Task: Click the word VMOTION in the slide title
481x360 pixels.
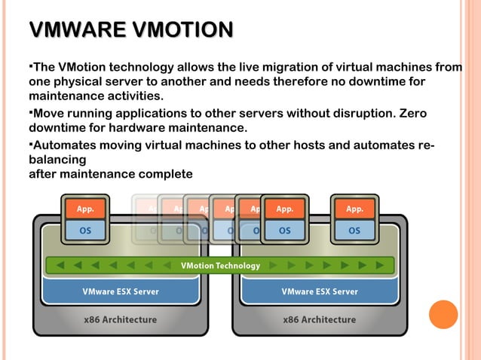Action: (x=182, y=30)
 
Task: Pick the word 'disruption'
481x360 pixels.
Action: (x=358, y=113)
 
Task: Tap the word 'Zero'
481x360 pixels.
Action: (x=410, y=113)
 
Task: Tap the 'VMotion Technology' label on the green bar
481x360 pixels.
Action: (x=220, y=266)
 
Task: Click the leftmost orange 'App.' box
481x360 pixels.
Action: (x=86, y=209)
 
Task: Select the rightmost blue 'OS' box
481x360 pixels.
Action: (x=354, y=230)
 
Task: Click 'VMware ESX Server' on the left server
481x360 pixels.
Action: (x=121, y=291)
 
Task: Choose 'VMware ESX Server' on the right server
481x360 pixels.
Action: (x=320, y=291)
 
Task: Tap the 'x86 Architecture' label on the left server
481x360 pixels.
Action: (x=121, y=319)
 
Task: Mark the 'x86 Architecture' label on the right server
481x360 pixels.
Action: (x=320, y=319)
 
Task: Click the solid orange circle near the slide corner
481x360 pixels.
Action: (x=443, y=315)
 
